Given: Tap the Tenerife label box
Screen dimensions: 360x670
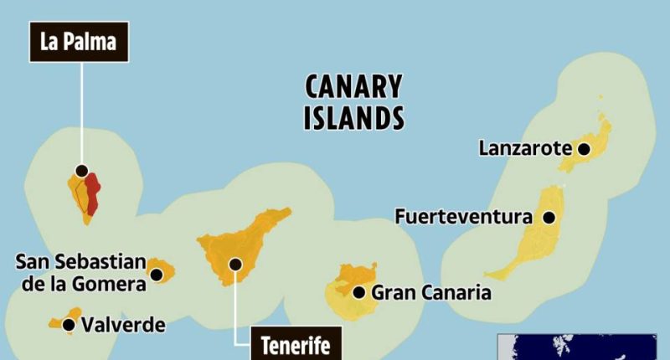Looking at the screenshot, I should [295, 344].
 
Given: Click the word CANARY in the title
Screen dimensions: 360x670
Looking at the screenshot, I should [352, 87].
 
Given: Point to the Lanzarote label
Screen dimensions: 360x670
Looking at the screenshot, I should [525, 149].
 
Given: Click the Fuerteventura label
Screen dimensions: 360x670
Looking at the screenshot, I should [463, 218].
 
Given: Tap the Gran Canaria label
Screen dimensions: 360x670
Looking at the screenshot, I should [430, 292].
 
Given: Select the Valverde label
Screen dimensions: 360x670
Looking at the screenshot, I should [124, 324].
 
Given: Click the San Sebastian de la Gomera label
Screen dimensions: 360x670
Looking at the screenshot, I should [80, 273].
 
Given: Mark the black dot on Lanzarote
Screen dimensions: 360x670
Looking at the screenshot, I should [584, 149].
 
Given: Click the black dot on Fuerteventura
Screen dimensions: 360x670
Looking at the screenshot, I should [549, 218].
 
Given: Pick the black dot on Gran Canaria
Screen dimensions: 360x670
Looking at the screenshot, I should [358, 292].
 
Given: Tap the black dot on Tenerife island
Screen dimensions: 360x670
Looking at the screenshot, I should [235, 265].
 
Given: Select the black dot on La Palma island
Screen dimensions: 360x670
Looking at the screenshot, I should [81, 171].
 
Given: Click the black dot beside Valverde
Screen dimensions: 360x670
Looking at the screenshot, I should [68, 323].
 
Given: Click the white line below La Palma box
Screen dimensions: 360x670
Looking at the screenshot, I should [81, 113].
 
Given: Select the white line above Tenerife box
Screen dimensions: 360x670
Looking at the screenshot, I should [235, 301].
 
